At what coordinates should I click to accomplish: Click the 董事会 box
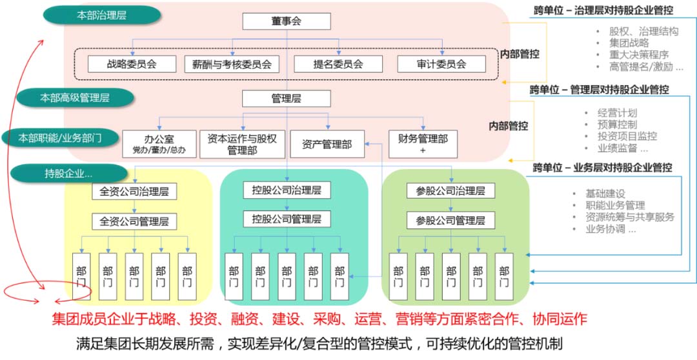(x=287, y=21)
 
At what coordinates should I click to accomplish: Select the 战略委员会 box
(x=132, y=64)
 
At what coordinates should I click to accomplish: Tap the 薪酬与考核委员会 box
(x=231, y=64)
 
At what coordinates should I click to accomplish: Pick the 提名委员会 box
(x=338, y=64)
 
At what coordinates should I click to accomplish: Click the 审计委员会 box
(x=441, y=64)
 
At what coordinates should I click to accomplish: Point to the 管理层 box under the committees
(x=287, y=99)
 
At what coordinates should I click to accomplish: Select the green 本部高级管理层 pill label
(x=76, y=98)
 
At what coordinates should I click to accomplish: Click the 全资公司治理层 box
(x=134, y=192)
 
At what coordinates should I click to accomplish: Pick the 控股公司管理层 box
(x=287, y=219)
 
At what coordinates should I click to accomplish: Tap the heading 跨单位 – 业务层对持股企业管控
(x=602, y=168)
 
